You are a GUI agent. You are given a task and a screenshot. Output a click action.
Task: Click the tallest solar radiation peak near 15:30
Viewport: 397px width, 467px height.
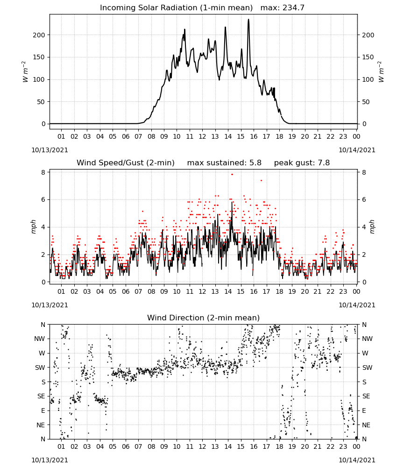tap(248, 20)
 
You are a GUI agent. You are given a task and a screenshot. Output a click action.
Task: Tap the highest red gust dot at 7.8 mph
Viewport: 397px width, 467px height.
tap(232, 174)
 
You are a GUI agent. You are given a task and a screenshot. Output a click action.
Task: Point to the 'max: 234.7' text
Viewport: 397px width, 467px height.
tap(283, 7)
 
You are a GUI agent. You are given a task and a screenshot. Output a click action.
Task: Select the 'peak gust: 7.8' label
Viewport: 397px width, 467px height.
tap(302, 163)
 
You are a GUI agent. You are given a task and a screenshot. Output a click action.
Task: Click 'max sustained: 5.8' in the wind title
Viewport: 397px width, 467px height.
tap(224, 163)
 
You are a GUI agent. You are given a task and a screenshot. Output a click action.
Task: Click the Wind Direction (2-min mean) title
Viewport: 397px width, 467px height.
tap(204, 318)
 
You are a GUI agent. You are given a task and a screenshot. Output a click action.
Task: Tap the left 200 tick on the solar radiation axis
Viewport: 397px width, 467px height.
tap(39, 35)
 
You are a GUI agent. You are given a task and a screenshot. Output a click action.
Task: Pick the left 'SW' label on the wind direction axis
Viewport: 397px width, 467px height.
tap(40, 368)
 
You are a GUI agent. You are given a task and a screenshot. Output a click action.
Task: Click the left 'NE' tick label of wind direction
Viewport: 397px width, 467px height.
tap(41, 425)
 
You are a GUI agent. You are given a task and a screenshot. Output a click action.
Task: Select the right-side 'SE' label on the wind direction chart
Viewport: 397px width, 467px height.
tap(366, 396)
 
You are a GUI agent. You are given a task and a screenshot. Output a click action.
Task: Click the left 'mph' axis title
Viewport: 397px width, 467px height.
tap(33, 226)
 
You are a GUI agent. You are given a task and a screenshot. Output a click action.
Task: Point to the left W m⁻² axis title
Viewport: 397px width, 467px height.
tap(25, 72)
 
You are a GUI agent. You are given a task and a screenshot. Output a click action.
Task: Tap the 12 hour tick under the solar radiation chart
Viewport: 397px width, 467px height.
tap(202, 136)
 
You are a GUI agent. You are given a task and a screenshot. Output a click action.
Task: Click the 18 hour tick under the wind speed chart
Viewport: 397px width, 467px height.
tap(279, 291)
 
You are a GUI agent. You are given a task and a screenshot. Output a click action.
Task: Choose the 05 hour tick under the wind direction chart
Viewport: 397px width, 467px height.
tap(113, 446)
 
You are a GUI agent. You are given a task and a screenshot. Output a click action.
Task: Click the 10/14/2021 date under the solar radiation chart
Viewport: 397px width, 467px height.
tap(357, 150)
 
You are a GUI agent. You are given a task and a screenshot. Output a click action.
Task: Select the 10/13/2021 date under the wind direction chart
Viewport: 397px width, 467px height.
tap(50, 460)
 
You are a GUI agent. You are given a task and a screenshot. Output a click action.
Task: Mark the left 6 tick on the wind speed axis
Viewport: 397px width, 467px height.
tap(43, 199)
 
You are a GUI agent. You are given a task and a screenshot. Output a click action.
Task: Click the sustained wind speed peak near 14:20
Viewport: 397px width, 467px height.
tap(232, 203)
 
